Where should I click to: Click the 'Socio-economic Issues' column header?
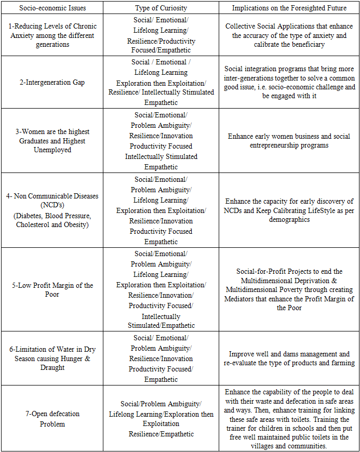pyautogui.click(x=52, y=8)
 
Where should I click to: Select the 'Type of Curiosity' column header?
pyautogui.click(x=161, y=8)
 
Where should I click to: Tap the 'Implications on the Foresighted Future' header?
pyautogui.click(x=288, y=8)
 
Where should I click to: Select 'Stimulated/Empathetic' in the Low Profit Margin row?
pyautogui.click(x=162, y=326)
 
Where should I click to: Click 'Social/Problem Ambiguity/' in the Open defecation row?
pyautogui.click(x=161, y=404)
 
